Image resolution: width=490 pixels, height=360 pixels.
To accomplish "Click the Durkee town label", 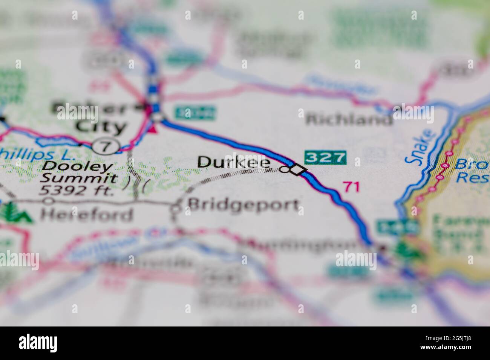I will tap(234, 162).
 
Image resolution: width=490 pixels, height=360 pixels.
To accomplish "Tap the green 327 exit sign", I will tap(325, 157).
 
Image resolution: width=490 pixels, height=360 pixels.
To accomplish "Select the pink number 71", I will tap(351, 186).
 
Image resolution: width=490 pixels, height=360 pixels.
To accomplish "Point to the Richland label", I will tap(349, 120).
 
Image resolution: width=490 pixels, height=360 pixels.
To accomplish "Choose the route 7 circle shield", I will tap(106, 146).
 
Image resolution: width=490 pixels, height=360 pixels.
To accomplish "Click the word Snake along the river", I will tap(417, 146).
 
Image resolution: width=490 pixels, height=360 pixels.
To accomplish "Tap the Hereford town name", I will tap(87, 215).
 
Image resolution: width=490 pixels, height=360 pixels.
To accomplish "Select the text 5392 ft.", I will tap(77, 191).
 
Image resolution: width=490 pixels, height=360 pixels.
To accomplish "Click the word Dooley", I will tap(77, 166).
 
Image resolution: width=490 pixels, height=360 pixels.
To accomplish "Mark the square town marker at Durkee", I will tap(299, 170).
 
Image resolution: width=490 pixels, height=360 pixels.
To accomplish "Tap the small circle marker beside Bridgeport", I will tap(176, 207).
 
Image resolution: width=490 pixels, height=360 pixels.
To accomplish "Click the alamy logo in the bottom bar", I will tap(41, 342).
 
